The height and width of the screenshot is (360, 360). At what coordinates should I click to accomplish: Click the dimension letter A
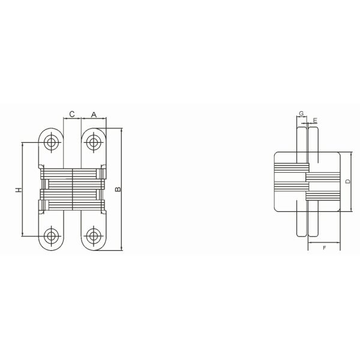tap(94, 115)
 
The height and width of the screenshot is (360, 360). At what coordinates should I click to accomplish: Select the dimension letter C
tap(72, 114)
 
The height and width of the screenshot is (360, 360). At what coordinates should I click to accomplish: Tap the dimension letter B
tap(118, 189)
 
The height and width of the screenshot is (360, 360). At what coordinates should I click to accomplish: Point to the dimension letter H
tap(19, 190)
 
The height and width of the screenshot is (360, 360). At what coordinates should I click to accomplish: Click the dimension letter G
tap(301, 113)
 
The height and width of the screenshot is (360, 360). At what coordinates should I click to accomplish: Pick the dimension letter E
tap(315, 121)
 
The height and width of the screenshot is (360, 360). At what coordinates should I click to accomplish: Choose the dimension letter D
tap(348, 181)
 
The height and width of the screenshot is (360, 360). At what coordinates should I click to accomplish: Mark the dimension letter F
tap(324, 248)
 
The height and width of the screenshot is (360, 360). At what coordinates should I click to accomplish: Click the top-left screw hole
tap(51, 142)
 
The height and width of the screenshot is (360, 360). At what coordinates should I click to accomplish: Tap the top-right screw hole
tap(93, 142)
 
